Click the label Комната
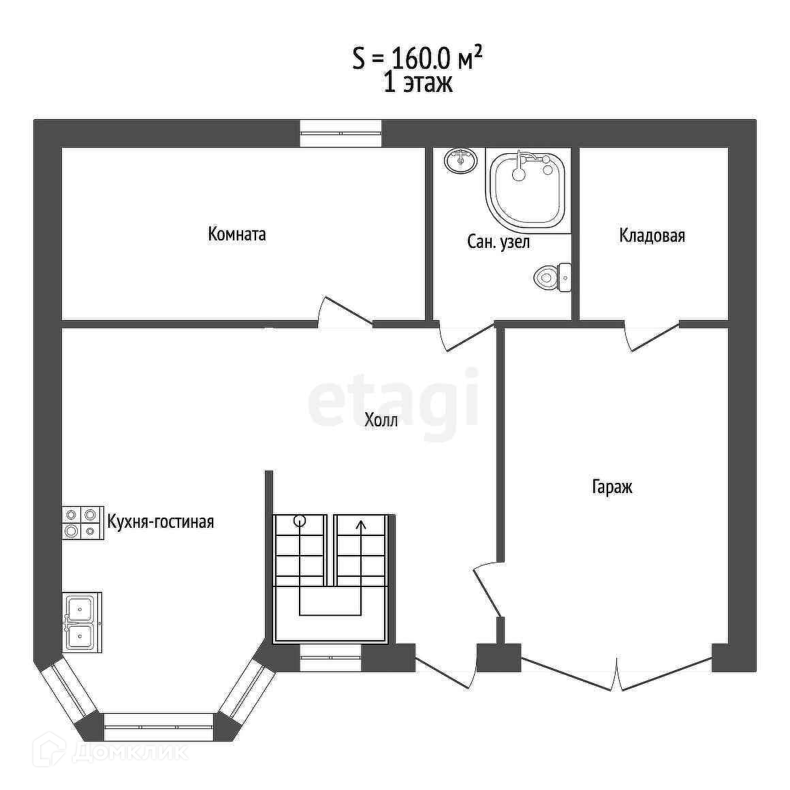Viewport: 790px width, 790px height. pos(237,234)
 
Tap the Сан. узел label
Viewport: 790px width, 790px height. pos(499,242)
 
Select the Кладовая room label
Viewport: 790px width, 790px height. pos(652,235)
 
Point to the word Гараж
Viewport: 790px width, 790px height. pos(612,487)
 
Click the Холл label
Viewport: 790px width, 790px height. pos(381,420)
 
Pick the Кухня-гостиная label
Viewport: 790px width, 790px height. pos(161,522)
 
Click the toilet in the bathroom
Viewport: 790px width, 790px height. pos(552,277)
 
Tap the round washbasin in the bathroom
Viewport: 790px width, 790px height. pos(460,161)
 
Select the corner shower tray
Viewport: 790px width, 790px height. pos(528,191)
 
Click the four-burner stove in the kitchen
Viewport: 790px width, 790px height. pos(82,523)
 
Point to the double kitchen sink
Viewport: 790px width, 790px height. pos(82,622)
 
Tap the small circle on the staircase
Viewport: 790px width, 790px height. pos(300,521)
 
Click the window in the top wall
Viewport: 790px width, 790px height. pos(341,133)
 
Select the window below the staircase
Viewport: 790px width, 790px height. pos(331,657)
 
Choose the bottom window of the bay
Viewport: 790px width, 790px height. pos(159,727)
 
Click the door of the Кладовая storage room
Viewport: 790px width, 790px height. pos(653,336)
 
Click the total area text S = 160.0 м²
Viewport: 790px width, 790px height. pos(417,59)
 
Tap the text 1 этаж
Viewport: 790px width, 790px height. pos(417,82)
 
